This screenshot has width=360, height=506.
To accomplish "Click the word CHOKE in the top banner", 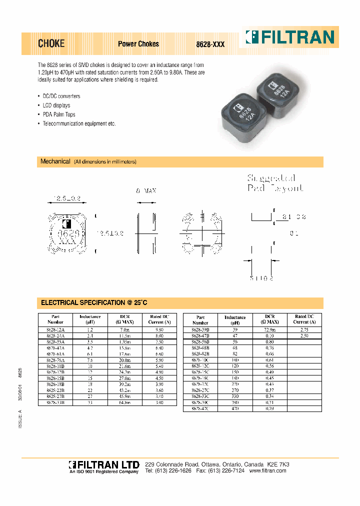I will coord(51,43).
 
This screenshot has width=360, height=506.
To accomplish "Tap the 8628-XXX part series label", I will coord(210,44).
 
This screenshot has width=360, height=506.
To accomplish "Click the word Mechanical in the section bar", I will coord(55,161).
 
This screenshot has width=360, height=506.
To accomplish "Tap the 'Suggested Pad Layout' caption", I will coord(274,183).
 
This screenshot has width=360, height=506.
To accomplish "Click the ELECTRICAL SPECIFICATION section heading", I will coord(94,302).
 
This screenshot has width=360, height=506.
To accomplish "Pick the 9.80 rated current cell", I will coord(159,330).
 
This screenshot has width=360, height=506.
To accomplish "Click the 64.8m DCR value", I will coord(125,401).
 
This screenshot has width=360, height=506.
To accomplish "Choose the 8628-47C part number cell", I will coord(200,408).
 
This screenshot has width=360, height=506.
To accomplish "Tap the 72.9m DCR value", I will coord(270,330).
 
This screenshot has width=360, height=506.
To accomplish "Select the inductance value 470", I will coord(235,408).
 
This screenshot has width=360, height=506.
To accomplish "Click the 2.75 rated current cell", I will coord(304,330).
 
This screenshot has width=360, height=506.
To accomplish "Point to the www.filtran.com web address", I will coord(269,471).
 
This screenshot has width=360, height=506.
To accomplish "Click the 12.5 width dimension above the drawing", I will coord(67,199).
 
